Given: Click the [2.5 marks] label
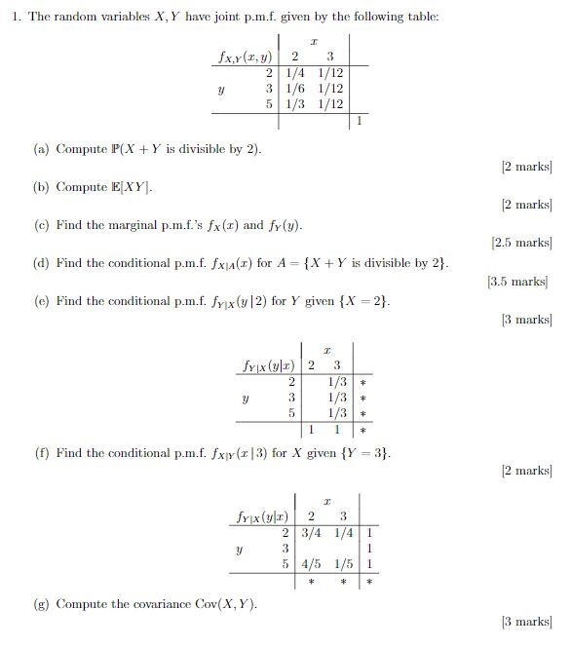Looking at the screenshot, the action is [521, 243].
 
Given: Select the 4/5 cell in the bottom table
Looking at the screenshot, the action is [312, 563].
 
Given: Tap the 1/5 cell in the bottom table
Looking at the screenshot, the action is [344, 563].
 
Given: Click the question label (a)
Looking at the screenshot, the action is [41, 149].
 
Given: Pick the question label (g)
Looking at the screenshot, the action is [41, 604].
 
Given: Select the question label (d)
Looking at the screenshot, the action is [41, 263].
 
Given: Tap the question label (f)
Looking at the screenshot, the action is [41, 453].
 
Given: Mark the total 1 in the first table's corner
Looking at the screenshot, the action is [359, 121].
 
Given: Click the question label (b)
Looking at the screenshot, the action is [41, 187].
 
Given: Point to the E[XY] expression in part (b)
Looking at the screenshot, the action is [135, 187].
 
